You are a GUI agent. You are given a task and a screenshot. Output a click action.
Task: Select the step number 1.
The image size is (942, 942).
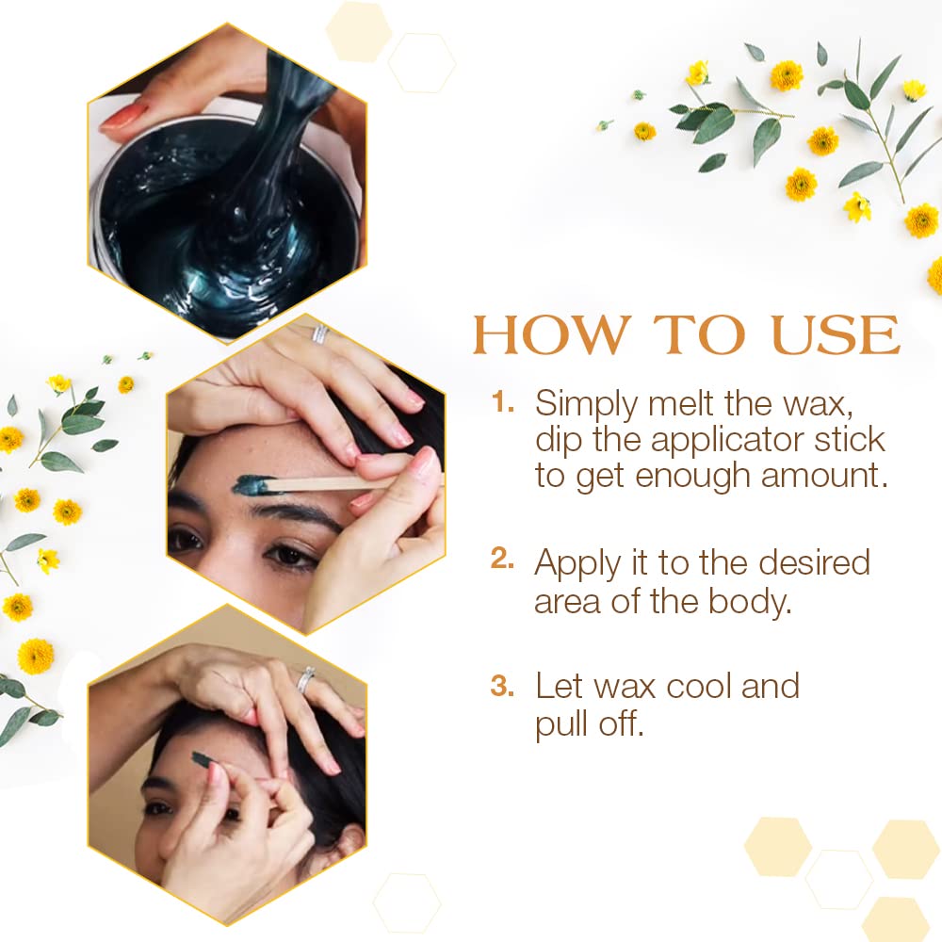(502, 402)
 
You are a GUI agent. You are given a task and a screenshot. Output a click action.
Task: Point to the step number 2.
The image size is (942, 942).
(502, 559)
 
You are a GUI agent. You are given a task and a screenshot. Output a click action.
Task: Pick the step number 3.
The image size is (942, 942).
(502, 686)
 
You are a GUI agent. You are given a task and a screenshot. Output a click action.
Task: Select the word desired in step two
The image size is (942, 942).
(814, 563)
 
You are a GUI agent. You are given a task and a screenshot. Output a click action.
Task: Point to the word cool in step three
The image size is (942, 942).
(699, 686)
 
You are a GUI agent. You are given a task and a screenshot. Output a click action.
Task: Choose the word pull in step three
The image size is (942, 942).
(562, 724)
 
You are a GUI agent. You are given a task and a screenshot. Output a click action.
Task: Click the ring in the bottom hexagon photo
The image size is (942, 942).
(306, 679)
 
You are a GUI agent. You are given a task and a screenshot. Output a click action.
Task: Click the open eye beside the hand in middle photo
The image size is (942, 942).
(290, 555)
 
